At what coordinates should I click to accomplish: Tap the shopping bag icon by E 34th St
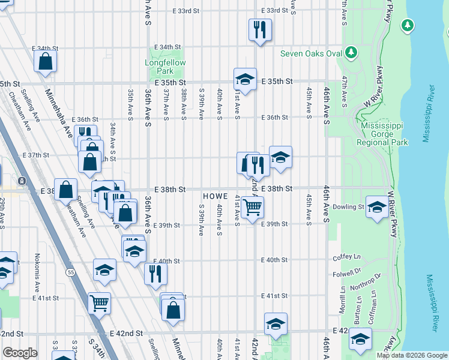click(45, 61)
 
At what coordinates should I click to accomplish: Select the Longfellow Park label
click(166, 67)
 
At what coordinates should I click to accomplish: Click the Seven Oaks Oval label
click(311, 53)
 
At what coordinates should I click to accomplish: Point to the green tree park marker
click(408, 25)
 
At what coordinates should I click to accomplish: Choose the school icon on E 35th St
click(245, 79)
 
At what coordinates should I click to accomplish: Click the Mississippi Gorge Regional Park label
click(382, 134)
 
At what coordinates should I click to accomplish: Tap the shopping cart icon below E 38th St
click(253, 207)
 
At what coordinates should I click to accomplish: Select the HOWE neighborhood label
click(214, 197)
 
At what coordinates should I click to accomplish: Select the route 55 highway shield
click(71, 273)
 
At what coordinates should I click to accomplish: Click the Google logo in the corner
click(20, 353)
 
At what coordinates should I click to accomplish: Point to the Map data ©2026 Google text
click(411, 355)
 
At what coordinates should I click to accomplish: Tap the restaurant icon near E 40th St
click(155, 274)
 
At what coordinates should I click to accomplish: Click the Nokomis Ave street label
click(37, 269)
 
